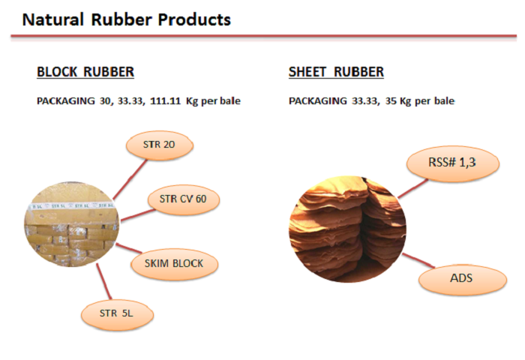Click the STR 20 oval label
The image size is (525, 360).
click(159, 145)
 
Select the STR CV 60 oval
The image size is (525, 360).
click(183, 199)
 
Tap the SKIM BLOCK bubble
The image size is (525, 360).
click(174, 264)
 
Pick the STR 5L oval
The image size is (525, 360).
click(117, 314)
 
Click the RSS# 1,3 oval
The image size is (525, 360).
click(453, 163)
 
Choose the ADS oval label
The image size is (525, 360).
click(463, 279)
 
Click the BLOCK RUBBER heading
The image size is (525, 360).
click(85, 72)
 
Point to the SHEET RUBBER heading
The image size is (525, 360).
click(336, 72)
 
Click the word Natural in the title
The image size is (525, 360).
click(53, 19)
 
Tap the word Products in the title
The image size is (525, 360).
click(194, 19)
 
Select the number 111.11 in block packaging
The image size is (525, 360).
click(165, 100)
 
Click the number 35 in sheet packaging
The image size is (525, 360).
click(391, 100)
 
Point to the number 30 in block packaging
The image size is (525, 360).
click(106, 101)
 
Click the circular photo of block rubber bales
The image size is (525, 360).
click(72, 224)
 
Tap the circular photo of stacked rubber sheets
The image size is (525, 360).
click(347, 229)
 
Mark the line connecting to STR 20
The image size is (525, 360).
click(130, 179)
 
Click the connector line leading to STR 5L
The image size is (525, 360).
click(103, 281)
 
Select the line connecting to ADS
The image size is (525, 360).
click(418, 260)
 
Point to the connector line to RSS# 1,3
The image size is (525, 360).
click(412, 188)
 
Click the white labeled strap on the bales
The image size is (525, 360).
click(72, 205)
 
